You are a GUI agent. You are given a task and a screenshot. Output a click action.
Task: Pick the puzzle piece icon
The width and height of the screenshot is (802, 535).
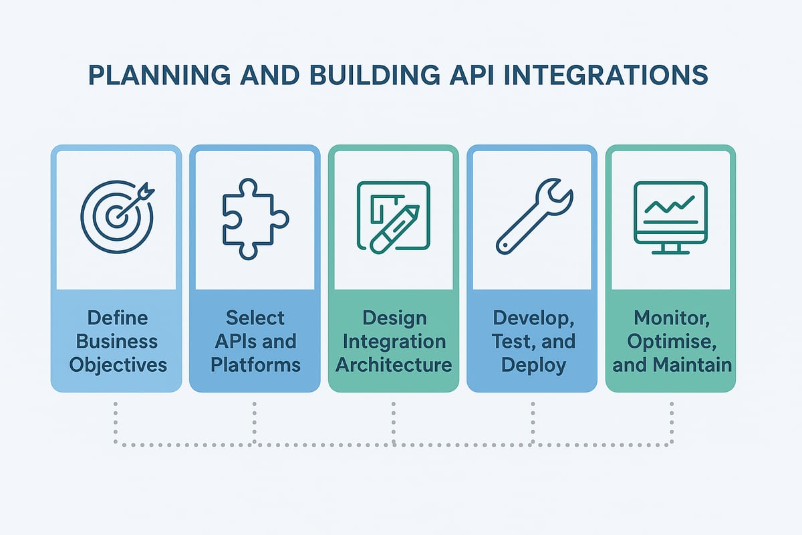[x=255, y=218]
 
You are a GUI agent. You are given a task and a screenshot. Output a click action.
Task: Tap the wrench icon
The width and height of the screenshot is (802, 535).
[x=533, y=215]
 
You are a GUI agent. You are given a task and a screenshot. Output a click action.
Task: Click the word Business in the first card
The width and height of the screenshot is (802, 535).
[x=117, y=341]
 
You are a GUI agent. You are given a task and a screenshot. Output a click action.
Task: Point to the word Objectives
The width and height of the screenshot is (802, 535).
[x=117, y=365]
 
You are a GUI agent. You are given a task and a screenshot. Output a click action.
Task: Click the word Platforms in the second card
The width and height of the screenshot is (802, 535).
[x=255, y=365]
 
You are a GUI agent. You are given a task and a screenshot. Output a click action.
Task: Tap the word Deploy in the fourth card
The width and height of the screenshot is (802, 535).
[x=533, y=365]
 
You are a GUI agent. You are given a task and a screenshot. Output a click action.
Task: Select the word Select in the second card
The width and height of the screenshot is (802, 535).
[x=255, y=317]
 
